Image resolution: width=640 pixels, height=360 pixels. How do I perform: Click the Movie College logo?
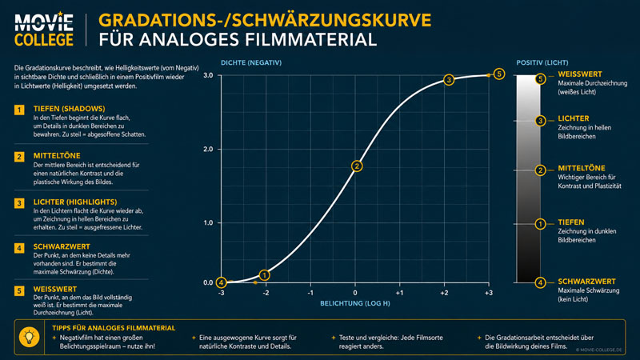pos(44,29)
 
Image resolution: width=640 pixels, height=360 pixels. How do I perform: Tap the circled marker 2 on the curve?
pos(357,166)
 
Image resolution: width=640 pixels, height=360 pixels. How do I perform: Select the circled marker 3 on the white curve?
pos(449,80)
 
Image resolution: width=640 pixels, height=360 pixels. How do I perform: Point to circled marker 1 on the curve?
pos(265,275)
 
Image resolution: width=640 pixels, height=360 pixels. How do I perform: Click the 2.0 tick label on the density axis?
pos(208,150)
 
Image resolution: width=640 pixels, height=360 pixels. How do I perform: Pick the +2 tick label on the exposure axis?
pos(444,293)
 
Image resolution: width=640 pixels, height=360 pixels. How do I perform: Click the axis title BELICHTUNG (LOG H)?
pos(354,304)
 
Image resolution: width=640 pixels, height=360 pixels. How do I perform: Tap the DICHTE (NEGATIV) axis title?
pos(251,63)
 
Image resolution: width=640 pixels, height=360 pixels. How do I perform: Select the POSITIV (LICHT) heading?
pos(542,63)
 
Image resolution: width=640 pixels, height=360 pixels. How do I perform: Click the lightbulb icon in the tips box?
pos(29,337)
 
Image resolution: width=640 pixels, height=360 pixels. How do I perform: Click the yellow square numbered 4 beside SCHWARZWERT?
pos(19,248)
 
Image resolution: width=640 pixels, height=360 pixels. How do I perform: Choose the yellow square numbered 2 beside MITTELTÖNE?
pos(19,157)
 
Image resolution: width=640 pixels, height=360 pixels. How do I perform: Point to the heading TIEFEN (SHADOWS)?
pos(69,109)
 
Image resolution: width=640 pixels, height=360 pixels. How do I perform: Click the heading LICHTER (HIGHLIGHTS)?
pos(75,202)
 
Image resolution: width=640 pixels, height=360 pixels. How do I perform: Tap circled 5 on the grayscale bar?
pos(541,78)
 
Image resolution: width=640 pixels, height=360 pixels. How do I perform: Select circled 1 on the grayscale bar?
pos(541,224)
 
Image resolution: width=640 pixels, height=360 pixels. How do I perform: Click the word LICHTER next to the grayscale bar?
pos(574,118)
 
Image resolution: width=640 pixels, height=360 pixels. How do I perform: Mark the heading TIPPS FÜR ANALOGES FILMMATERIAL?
pos(114,328)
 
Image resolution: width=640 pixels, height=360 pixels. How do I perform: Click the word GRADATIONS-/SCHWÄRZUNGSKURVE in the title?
pos(265,21)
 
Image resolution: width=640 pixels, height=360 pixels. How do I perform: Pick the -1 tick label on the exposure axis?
pos(310,293)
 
